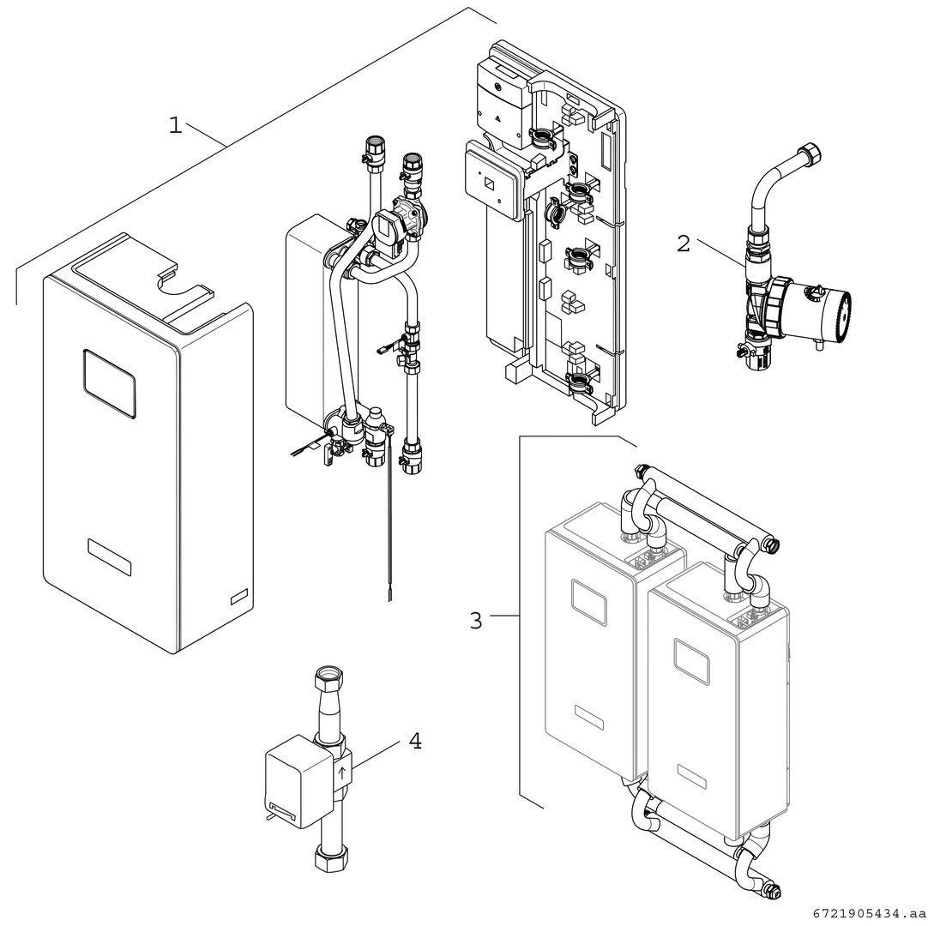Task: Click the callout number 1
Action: click(x=175, y=126)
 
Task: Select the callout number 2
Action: click(x=683, y=244)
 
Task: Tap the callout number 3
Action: click(x=476, y=620)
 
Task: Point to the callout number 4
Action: click(x=414, y=741)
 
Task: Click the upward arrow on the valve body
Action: click(x=342, y=773)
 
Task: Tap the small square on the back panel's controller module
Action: click(x=488, y=183)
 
